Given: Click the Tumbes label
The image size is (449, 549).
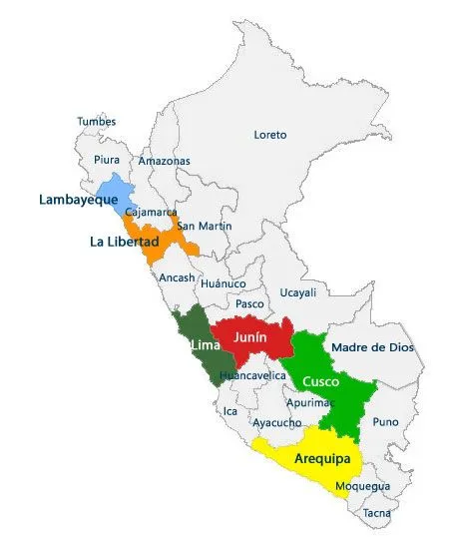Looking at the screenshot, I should coord(97,122).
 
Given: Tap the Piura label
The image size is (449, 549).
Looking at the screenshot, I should coord(106,159).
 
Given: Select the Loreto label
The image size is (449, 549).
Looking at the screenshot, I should coord(269,134).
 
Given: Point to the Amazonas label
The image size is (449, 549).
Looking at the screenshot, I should coord(163,160).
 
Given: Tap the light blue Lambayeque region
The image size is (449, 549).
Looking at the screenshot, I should coord(115,195).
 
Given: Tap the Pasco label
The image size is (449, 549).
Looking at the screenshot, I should coord(249,303).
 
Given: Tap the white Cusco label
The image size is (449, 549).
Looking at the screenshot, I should coord(320,381).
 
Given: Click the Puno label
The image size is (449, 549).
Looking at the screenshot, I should coord(385,421).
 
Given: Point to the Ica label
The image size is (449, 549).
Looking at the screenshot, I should coord(230,410).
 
